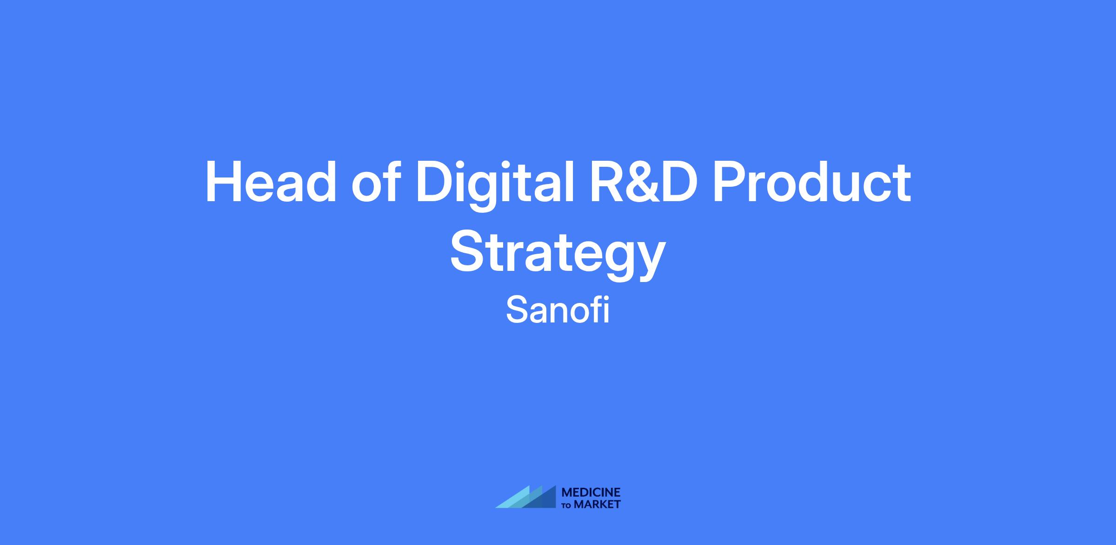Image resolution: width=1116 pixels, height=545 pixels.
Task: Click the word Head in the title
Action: coord(271,182)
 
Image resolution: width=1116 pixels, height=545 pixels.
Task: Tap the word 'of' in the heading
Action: coord(376,181)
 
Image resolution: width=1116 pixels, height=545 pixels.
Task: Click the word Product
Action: coord(812,181)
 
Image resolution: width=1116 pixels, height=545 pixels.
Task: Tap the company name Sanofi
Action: coord(558,310)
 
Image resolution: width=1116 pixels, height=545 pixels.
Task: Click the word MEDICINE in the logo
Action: coord(591,492)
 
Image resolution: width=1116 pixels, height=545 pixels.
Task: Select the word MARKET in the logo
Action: coord(597,504)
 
